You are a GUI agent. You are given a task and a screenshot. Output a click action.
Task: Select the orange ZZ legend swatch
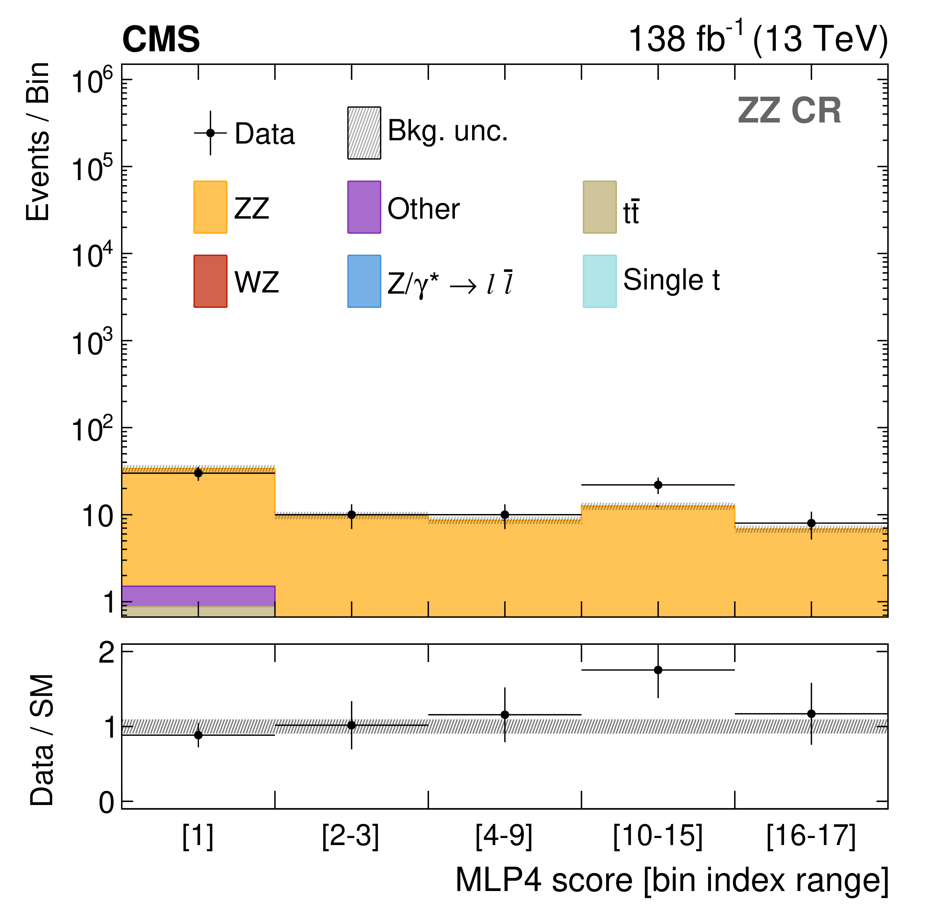(210, 207)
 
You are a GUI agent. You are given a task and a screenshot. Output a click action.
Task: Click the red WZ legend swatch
(210, 281)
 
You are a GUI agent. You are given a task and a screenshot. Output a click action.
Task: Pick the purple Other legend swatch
(364, 207)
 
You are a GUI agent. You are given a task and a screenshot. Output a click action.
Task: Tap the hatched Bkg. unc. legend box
(364, 133)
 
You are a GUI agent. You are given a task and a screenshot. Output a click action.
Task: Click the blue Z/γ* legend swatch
(364, 281)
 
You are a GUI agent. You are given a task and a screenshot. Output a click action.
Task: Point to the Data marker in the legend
(210, 133)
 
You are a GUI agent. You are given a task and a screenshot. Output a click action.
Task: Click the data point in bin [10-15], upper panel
(658, 485)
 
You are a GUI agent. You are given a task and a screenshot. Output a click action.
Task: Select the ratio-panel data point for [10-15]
(658, 669)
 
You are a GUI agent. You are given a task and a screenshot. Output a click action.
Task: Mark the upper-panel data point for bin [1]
(199, 473)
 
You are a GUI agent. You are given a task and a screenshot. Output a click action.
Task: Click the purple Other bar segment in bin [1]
(199, 596)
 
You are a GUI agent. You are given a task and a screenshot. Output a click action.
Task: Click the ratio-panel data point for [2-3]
(351, 725)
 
